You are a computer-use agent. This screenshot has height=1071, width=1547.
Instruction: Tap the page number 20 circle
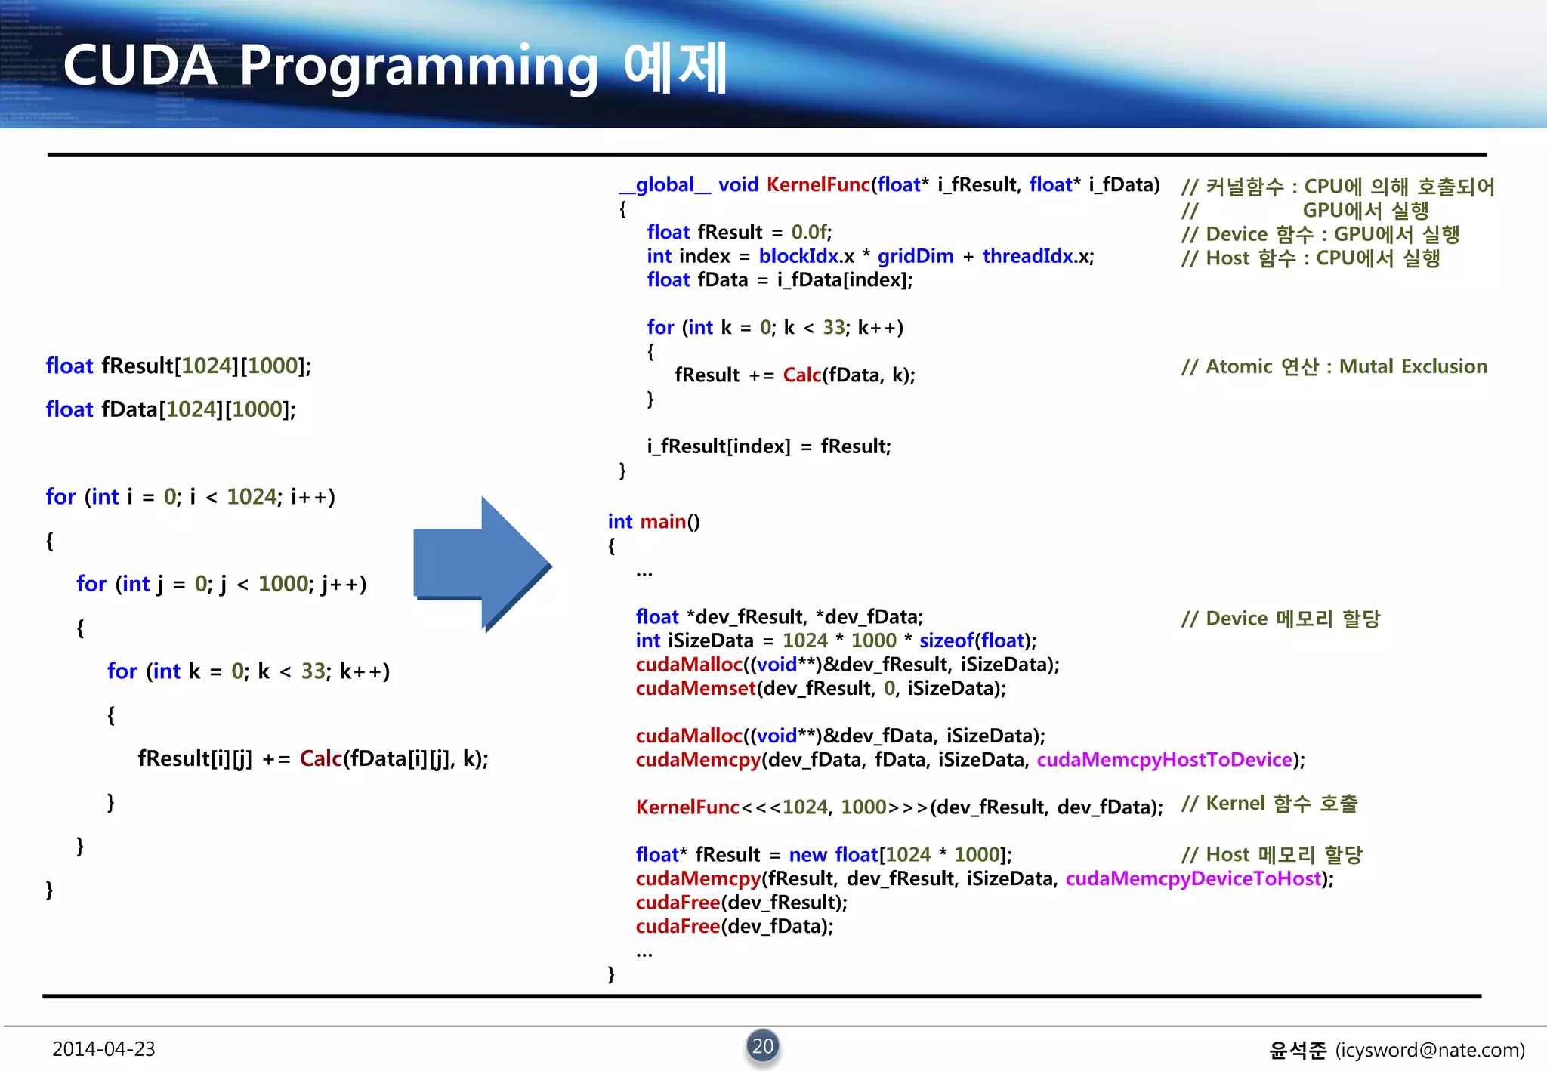(763, 1046)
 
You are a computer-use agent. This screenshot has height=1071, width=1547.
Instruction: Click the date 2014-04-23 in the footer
(103, 1049)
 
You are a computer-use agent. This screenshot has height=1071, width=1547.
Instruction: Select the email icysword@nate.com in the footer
(1430, 1050)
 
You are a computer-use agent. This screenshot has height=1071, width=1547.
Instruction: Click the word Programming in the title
(419, 66)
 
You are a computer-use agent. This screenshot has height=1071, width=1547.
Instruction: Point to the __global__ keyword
(665, 185)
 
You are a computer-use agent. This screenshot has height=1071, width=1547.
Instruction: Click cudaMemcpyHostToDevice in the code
(1164, 760)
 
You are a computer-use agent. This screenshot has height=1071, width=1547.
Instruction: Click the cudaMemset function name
(695, 688)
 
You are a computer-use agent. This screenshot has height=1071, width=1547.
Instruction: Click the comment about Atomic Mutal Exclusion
(1334, 367)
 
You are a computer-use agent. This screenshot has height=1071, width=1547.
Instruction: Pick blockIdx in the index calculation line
(798, 256)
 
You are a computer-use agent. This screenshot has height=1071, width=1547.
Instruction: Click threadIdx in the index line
(1027, 256)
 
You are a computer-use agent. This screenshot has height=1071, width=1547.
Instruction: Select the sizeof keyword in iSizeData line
(946, 640)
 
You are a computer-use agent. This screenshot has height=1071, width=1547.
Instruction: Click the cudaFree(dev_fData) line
(734, 927)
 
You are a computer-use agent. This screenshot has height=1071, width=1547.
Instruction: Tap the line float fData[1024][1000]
(171, 409)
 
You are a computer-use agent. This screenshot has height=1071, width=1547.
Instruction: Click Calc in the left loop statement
(320, 758)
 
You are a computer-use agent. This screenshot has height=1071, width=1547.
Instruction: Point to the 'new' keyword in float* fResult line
(807, 855)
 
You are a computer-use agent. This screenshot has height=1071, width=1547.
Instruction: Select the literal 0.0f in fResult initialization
(810, 233)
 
